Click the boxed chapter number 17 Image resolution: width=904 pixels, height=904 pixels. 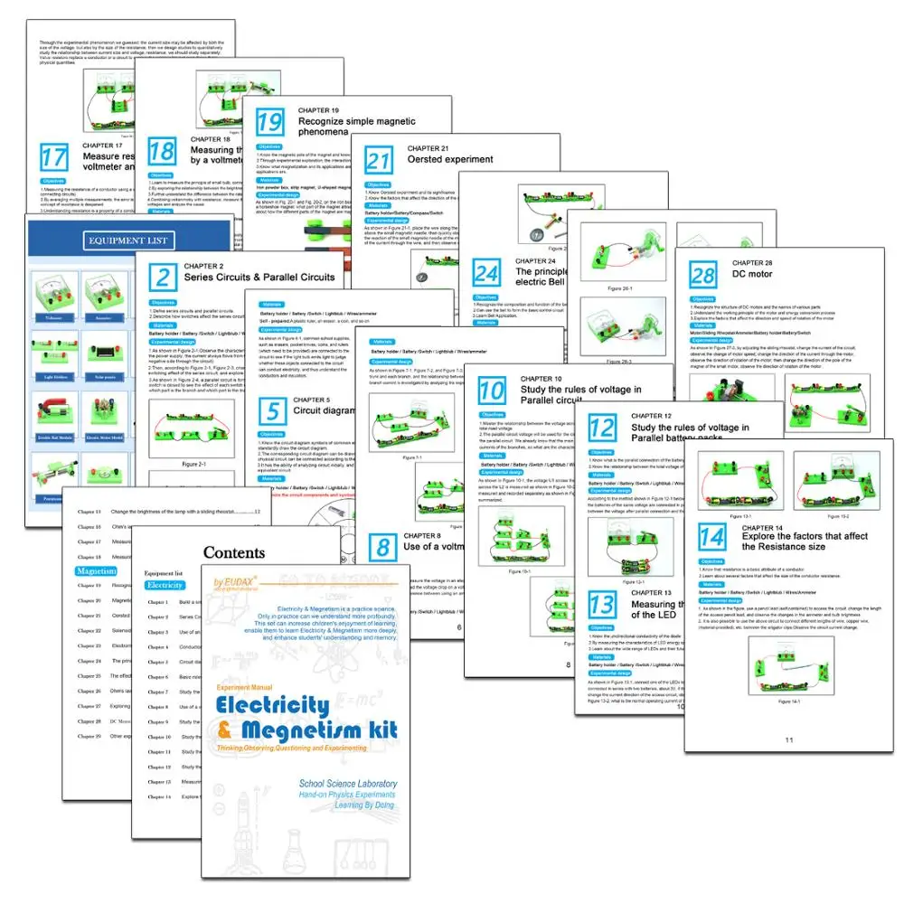click(x=53, y=157)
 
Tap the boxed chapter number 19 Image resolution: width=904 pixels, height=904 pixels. click(x=269, y=121)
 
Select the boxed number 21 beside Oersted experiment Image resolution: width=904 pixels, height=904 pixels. click(x=378, y=160)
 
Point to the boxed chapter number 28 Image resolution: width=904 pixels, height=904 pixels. click(x=702, y=274)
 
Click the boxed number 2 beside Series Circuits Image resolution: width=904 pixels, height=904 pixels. click(x=163, y=277)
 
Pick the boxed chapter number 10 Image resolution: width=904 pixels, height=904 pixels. click(x=492, y=391)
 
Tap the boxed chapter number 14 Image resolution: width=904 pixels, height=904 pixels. click(x=711, y=537)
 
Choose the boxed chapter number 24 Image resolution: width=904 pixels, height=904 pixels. click(x=486, y=273)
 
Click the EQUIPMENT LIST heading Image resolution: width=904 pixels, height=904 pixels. click(x=128, y=240)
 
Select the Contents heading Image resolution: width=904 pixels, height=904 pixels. click(x=234, y=552)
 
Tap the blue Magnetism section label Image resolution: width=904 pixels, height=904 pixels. click(x=96, y=571)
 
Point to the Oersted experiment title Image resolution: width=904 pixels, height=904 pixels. click(x=450, y=159)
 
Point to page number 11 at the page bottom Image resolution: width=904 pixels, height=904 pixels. click(x=788, y=740)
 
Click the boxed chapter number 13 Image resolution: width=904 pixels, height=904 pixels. click(x=603, y=603)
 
